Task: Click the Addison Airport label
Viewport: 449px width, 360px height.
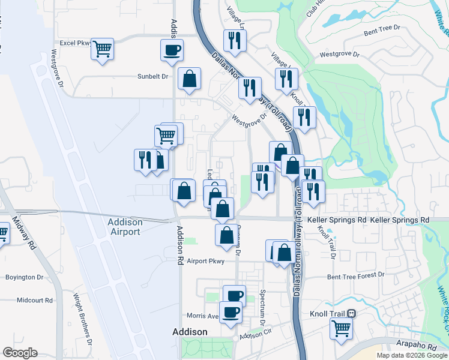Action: click(x=125, y=226)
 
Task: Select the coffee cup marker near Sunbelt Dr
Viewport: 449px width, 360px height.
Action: click(x=172, y=50)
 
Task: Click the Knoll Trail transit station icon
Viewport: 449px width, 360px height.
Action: click(x=352, y=313)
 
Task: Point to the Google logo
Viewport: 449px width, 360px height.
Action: click(x=20, y=353)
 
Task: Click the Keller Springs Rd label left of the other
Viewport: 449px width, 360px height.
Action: click(x=336, y=220)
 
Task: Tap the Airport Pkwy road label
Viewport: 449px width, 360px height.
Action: click(x=205, y=261)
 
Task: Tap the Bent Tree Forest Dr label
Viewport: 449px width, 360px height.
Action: click(x=355, y=275)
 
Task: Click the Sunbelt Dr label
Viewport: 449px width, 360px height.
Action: click(x=152, y=77)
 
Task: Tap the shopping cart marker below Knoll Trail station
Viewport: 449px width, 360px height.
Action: click(x=341, y=328)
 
